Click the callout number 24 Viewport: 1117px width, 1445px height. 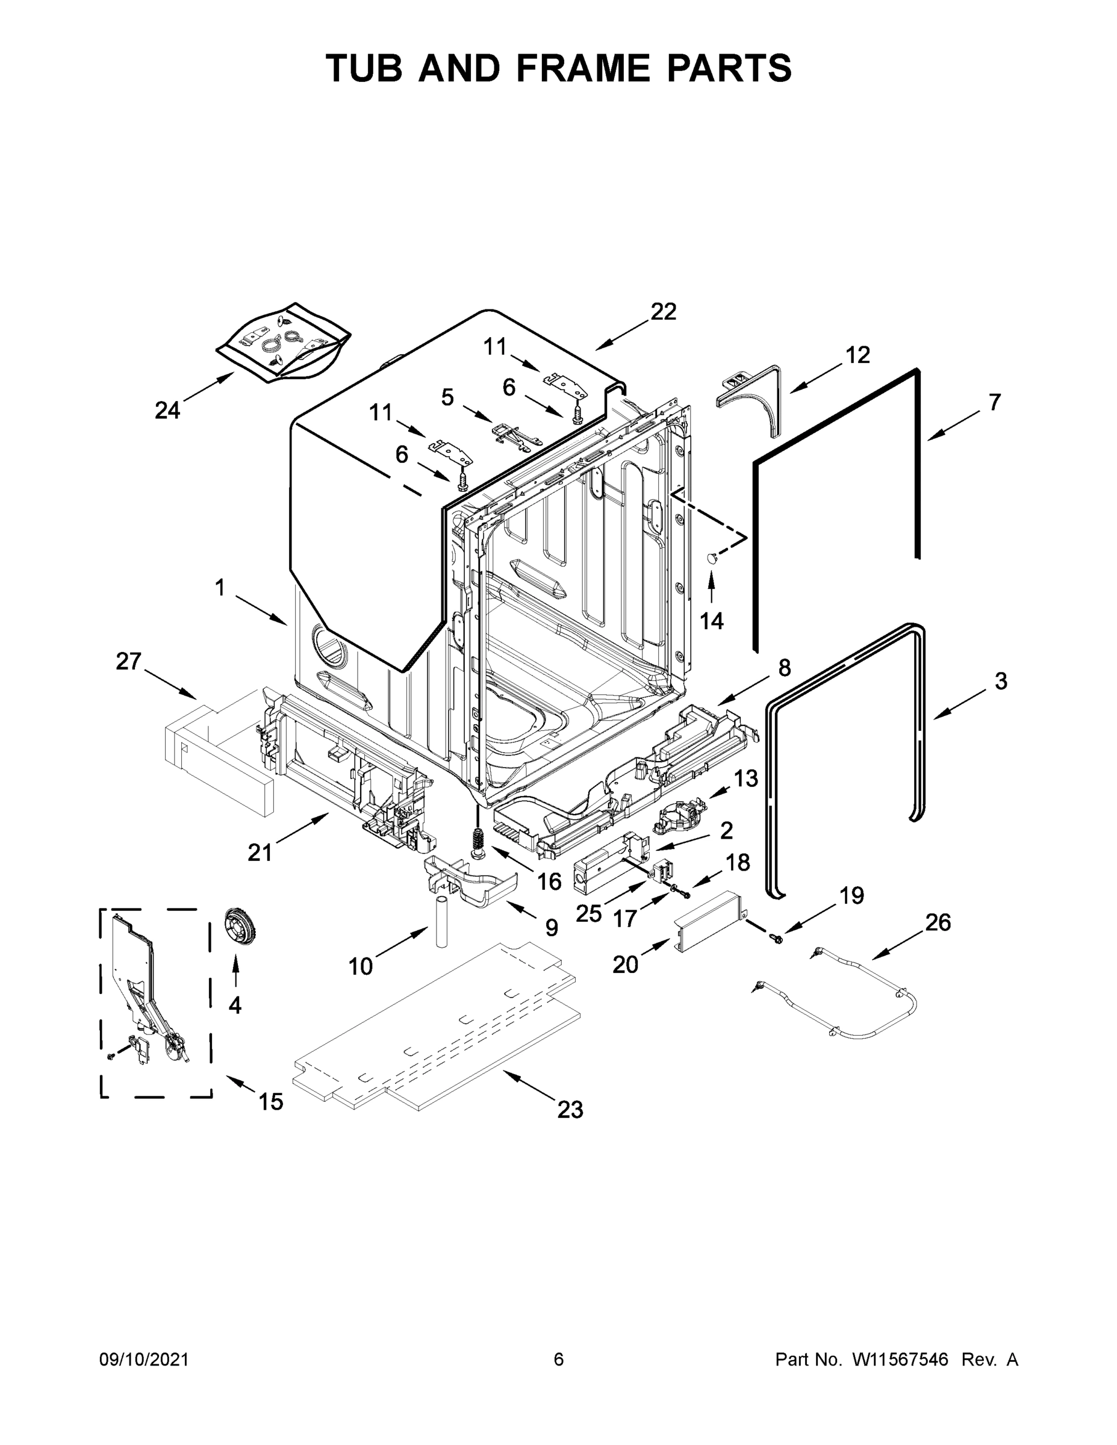(167, 411)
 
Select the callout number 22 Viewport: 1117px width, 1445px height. (663, 312)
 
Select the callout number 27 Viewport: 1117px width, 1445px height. (129, 661)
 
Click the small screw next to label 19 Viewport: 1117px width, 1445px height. (778, 937)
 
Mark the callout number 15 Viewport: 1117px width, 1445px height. (270, 1102)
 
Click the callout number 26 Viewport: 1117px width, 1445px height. (938, 922)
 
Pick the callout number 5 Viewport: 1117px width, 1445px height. (447, 397)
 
